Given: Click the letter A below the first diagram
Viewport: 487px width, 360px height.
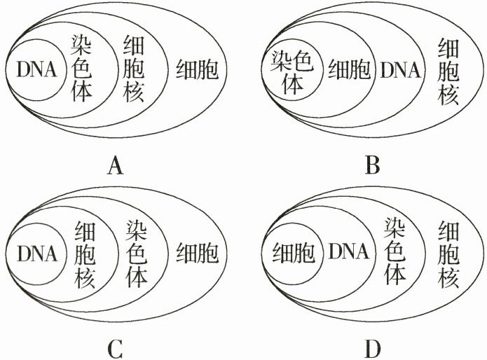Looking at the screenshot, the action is coord(116,166).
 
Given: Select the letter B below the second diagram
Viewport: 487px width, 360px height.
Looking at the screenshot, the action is coord(373,166).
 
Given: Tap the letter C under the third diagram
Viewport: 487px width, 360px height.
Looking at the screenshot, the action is coord(116,347).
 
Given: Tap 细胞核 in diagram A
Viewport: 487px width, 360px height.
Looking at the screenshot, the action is coord(134,69).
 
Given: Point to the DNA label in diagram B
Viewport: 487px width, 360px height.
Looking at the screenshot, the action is coord(399,70).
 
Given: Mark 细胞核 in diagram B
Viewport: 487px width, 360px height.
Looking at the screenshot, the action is coord(448,69).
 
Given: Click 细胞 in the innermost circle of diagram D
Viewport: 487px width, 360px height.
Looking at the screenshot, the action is coord(287,252).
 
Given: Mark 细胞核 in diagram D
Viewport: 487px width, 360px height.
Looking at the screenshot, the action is coord(448,252).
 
